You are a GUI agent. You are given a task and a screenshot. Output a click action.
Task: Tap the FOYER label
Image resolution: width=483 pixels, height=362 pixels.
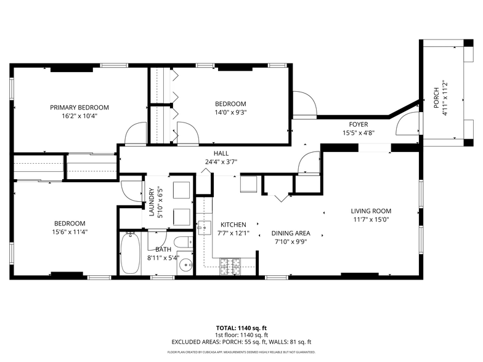(x=359, y=124)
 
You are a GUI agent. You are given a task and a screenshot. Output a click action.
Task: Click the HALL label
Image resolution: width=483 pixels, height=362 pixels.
(x=221, y=153)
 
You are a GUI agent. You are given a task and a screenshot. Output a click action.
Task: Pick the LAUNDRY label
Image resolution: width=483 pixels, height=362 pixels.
(x=151, y=204)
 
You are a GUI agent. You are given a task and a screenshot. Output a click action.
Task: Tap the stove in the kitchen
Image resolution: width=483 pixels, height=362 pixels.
(x=231, y=266)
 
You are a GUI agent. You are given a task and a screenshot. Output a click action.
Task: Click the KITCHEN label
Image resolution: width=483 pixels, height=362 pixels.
(x=233, y=225)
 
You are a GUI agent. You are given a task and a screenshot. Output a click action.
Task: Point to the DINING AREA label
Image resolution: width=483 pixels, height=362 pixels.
(x=291, y=233)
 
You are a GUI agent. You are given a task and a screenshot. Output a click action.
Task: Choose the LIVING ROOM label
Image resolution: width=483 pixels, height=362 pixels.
(x=371, y=211)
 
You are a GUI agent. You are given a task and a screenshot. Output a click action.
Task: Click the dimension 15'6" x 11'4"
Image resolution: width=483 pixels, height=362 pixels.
(x=69, y=232)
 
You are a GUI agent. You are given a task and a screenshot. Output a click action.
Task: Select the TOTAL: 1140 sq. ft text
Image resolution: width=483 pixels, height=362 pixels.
(x=241, y=328)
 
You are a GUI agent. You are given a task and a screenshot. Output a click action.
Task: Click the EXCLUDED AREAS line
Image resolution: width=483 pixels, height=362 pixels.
(x=241, y=342)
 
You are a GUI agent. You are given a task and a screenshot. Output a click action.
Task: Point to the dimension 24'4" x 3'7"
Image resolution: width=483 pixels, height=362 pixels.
(x=221, y=162)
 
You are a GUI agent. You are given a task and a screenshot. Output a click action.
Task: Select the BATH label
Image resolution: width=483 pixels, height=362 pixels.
(x=163, y=249)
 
